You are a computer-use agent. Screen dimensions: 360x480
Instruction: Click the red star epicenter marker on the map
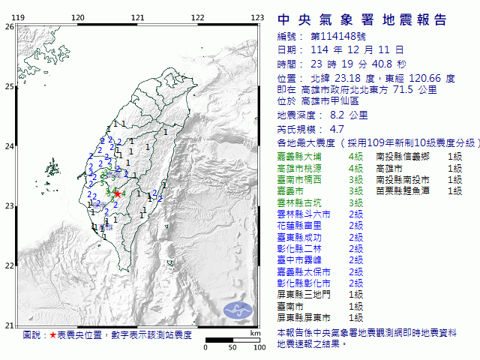coord(117,193)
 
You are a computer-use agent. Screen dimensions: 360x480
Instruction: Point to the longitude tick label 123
coord(256,17)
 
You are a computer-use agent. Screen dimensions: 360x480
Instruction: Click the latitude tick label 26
coord(9,26)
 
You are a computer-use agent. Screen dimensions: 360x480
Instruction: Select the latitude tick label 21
coord(9,325)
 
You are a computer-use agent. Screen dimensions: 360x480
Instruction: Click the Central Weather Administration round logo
coord(240,309)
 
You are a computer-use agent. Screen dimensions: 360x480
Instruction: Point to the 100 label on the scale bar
coord(259,347)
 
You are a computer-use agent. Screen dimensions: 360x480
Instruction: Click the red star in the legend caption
coord(52,335)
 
